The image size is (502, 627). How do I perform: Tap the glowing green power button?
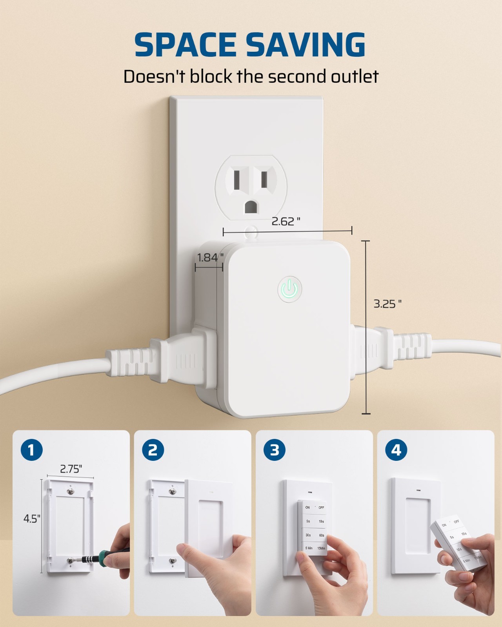click(x=289, y=289)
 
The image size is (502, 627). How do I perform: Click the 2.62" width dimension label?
click(x=286, y=222)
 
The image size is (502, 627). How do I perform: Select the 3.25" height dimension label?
click(x=387, y=304)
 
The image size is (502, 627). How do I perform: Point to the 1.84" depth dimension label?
click(x=210, y=257)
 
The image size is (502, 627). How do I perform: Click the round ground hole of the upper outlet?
click(x=251, y=207)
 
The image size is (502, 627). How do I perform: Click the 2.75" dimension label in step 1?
click(x=71, y=469)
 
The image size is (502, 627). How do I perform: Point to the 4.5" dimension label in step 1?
click(x=31, y=519)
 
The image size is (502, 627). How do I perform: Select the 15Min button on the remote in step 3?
click(x=321, y=548)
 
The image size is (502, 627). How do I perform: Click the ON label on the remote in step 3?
click(x=307, y=507)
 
